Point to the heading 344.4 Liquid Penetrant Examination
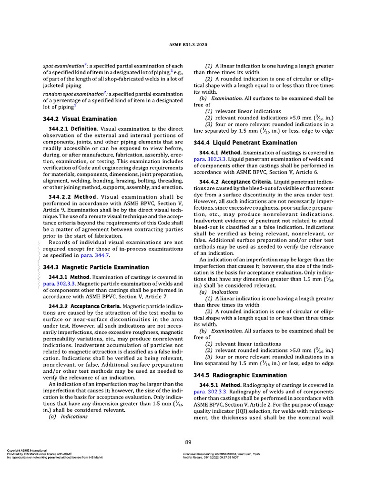245,143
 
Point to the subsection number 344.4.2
213,183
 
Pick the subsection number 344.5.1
213,384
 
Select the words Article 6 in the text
307,173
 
